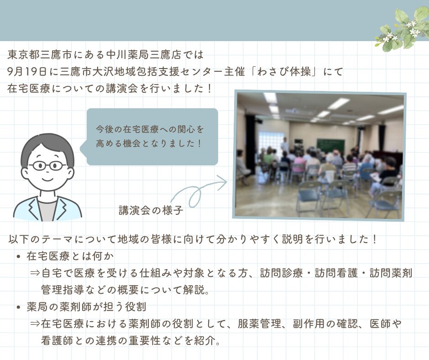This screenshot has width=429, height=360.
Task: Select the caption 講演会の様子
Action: click(151, 210)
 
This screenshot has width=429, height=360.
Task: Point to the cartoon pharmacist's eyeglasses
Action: click(47, 165)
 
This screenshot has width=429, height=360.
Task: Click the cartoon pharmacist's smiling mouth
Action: click(47, 179)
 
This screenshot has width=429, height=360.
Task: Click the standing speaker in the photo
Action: click(285, 144)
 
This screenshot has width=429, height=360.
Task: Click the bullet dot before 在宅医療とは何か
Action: click(19, 257)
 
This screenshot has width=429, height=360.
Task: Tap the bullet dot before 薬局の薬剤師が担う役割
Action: click(19, 307)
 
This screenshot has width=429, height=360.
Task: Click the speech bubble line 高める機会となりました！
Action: click(149, 143)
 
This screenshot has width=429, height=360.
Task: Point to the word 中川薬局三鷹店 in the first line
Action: click(143, 55)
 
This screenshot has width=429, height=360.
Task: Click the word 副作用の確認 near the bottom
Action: click(325, 324)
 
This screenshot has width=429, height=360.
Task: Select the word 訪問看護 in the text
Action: click(336, 273)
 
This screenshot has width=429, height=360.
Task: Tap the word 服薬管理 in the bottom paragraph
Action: click(260, 324)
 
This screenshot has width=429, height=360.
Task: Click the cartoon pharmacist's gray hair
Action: click(47, 145)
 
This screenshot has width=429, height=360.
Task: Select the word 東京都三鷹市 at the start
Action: click(40, 55)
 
